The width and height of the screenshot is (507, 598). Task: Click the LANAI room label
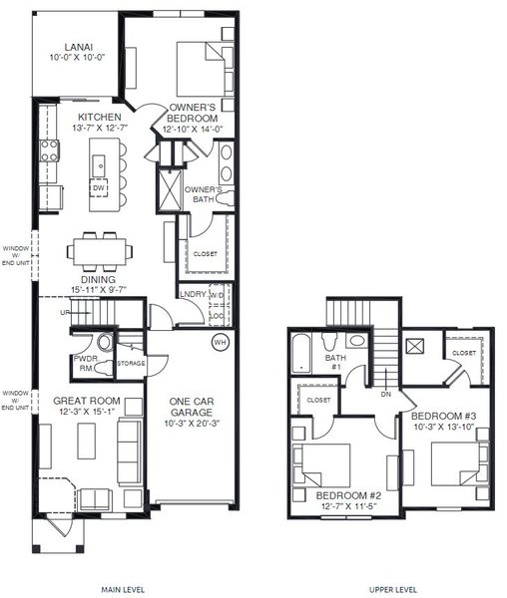pos(79,47)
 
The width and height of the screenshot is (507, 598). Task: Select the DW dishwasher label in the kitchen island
pos(99,187)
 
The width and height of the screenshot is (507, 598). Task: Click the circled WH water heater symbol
pos(219,343)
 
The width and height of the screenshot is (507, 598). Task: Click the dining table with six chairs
pos(99,249)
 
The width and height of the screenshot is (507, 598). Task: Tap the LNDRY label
pos(192,294)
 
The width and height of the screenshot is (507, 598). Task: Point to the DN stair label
pos(386,393)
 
